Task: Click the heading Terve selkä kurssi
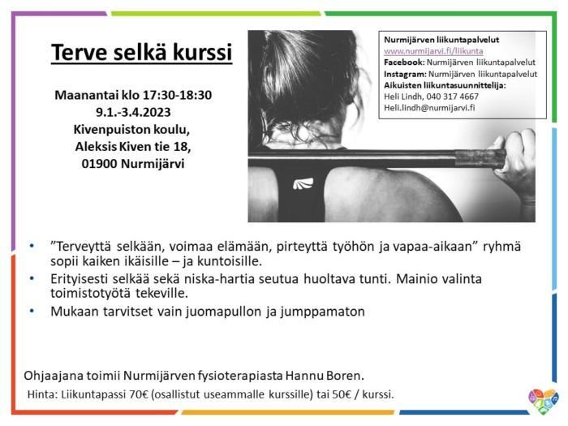point(142,52)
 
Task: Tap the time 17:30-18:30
point(177,95)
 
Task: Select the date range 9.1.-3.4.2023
point(133,112)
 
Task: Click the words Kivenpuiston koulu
point(131,130)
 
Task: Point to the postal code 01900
point(99,164)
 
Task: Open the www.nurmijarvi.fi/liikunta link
point(433,51)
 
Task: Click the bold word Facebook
point(404,62)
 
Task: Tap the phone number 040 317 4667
point(452,97)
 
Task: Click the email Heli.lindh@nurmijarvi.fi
point(429,108)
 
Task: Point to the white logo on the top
point(303,183)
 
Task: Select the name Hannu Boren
point(325,376)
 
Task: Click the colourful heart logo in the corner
point(543,402)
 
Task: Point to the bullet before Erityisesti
point(32,278)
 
